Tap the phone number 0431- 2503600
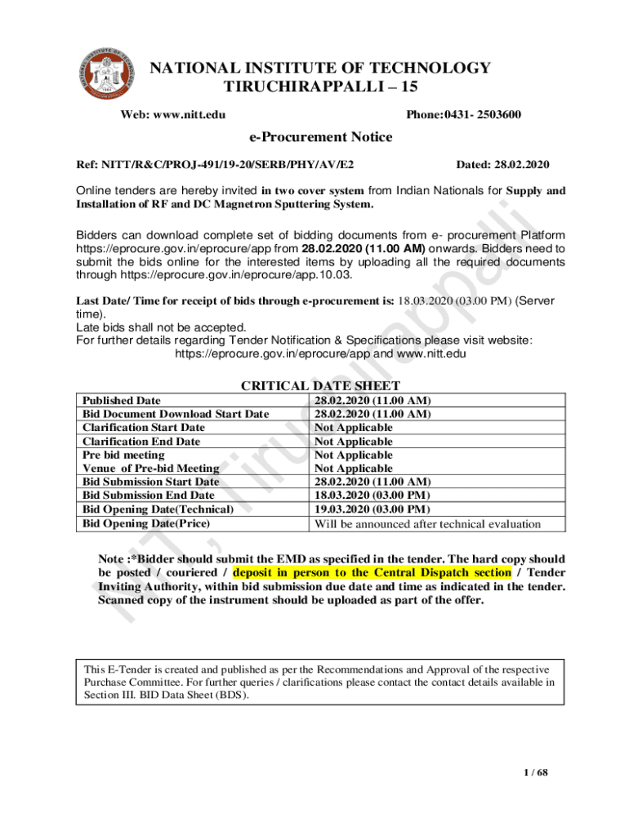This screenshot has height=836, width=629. tap(481, 114)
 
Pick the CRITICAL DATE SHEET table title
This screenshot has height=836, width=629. tap(320, 386)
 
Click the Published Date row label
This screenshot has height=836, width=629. tap(122, 401)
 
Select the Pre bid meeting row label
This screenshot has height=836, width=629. tap(123, 455)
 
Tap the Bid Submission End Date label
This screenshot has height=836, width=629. tap(149, 496)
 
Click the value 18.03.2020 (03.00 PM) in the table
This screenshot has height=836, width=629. tap(372, 496)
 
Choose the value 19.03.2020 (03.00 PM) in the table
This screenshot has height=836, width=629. tap(372, 509)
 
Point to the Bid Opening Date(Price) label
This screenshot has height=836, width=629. tap(146, 523)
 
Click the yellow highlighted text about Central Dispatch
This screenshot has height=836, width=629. tap(372, 572)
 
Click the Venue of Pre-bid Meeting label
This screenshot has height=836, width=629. tap(151, 469)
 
